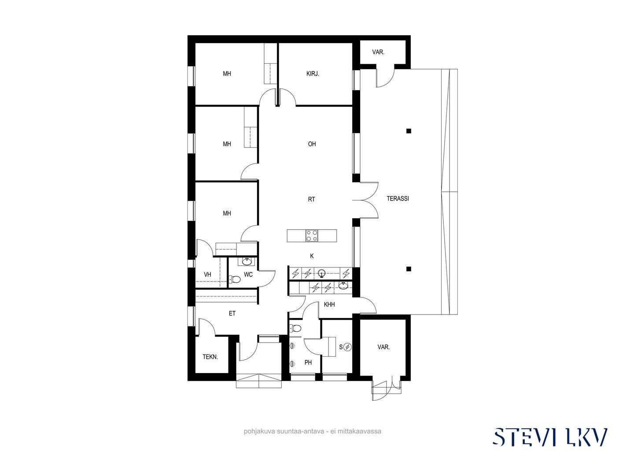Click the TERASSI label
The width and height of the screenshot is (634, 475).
coord(398,198)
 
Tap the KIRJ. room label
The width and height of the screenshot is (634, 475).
coord(313,74)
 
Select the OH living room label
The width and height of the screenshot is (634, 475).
coord(312,144)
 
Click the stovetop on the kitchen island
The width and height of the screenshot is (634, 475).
coord(312,236)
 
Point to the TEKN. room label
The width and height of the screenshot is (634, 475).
coord(210,357)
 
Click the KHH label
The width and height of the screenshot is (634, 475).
coord(329,304)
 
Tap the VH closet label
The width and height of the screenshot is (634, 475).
coord(207,274)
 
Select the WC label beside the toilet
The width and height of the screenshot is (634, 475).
coord(248,274)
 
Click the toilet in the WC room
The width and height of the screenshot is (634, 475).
coord(235,279)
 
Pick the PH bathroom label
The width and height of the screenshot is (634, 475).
coord(308,362)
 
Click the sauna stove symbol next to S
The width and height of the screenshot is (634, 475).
coord(348,347)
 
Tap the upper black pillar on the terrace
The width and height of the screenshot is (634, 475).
coord(409,131)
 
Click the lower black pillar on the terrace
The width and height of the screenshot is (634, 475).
coord(409,269)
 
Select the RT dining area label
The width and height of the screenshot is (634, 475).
coord(311,199)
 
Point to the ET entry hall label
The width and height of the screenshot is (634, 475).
coord(232,313)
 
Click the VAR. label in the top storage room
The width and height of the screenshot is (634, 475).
coord(378,52)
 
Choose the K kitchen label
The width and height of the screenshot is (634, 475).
coord(312,256)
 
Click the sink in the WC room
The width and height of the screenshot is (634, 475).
coord(247,262)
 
